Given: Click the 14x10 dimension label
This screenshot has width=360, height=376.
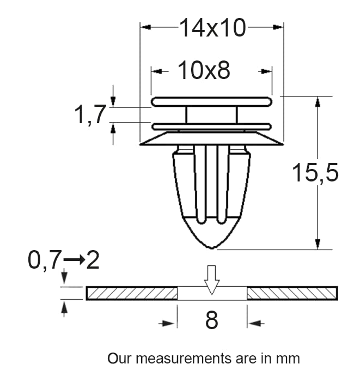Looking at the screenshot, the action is (212, 28).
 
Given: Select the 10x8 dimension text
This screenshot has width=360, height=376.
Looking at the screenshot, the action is (204, 70).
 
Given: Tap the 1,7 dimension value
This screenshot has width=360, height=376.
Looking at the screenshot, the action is (90, 114).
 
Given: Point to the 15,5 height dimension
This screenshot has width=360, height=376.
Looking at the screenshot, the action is (315, 172).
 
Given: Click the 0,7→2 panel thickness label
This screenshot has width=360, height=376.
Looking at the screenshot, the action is (64, 260).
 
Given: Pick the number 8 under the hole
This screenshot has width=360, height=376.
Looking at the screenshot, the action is (212, 320).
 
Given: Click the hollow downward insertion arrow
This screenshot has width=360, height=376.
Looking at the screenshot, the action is (212, 280).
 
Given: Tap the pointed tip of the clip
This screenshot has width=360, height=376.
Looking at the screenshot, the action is (212, 248).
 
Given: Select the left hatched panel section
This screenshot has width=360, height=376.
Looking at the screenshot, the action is (132, 293).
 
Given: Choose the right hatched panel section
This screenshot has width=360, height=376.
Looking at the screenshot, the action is (292, 293).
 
